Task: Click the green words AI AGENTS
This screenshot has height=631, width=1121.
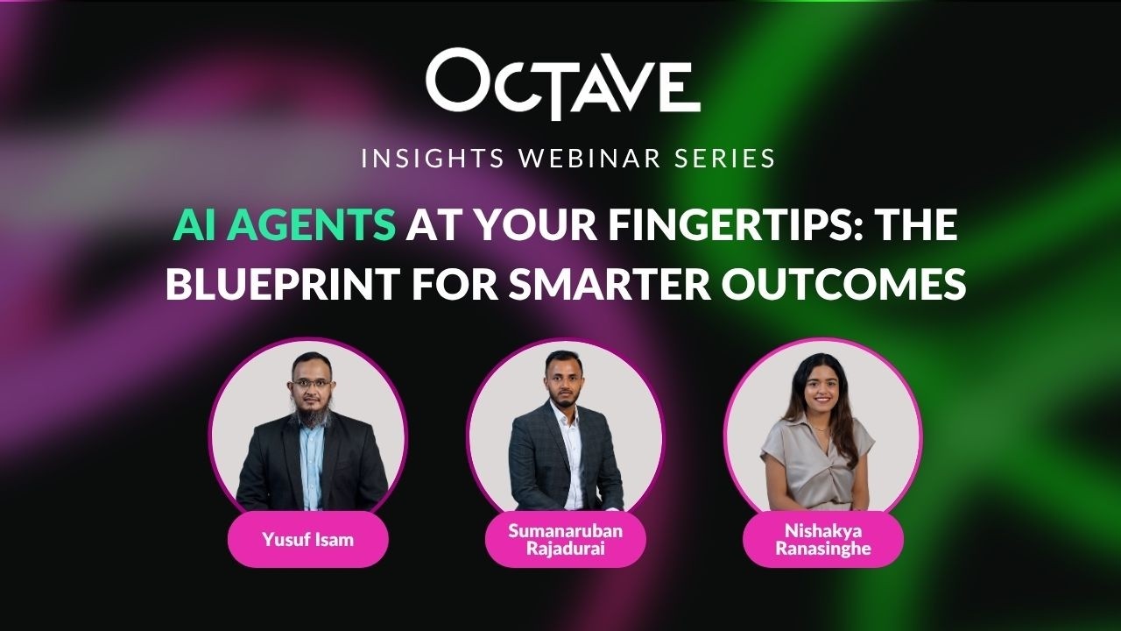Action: pyautogui.click(x=284, y=226)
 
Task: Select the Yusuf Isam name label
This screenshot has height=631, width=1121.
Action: pyautogui.click(x=307, y=539)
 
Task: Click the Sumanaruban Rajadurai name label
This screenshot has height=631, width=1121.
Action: pyautogui.click(x=565, y=539)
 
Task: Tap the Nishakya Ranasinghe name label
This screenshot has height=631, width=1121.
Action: pyautogui.click(x=823, y=539)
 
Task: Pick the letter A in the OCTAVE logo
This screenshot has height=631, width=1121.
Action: pyautogui.click(x=601, y=86)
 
